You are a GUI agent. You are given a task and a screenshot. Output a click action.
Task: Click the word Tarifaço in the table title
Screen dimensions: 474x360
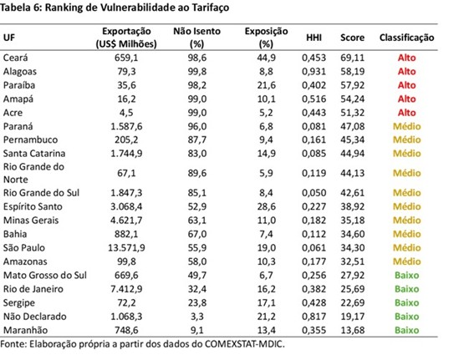pos(210,8)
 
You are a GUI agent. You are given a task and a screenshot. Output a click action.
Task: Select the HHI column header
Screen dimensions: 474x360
pos(313,38)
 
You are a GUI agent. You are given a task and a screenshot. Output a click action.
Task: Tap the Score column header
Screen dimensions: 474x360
pos(352,38)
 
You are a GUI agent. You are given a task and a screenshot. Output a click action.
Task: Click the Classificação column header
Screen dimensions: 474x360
pos(406,38)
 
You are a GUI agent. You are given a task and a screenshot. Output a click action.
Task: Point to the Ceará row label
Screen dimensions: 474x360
pos(15,58)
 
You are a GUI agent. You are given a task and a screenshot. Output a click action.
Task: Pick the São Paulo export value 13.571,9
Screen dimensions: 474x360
pos(126,247)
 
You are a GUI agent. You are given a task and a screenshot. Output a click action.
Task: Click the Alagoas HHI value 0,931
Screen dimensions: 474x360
pos(313,71)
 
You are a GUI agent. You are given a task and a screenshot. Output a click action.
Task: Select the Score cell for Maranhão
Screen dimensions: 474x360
pos(353,330)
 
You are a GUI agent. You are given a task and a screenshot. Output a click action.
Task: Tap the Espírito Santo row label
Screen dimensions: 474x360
pos(33,206)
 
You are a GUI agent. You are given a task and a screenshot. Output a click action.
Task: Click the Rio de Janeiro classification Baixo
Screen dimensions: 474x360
pos(406,289)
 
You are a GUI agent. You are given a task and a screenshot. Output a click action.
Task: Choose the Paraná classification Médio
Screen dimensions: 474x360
pos(406,126)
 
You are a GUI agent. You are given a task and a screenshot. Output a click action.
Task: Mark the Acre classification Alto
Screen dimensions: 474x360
pos(406,113)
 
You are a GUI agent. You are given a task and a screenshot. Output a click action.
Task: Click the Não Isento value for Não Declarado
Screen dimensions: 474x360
pos(197,317)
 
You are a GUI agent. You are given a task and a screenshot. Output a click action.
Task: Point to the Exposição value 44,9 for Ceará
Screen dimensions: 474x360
pos(266,58)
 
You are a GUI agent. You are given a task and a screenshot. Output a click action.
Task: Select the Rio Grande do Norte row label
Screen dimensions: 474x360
pos(33,173)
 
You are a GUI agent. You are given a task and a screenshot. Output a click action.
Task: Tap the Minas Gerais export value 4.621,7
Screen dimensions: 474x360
pos(126,221)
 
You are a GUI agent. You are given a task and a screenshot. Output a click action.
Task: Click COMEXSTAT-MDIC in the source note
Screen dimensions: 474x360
pos(244,344)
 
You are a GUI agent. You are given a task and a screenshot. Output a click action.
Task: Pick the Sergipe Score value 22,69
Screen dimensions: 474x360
pos(353,302)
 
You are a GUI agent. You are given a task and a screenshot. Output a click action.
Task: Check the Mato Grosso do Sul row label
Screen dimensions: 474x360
pos(45,275)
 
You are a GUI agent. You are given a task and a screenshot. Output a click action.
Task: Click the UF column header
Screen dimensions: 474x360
pos(8,38)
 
